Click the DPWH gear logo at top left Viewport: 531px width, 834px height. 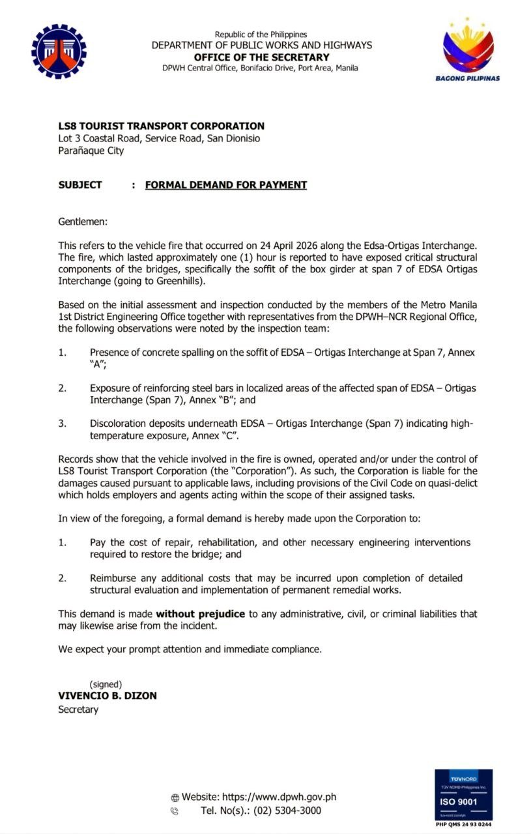[x=59, y=51]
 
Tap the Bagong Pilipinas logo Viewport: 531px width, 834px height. [x=467, y=49]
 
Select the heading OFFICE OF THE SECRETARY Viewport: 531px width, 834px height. [x=261, y=57]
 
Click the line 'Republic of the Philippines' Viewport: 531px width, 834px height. [x=261, y=35]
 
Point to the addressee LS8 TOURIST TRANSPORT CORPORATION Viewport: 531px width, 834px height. [x=161, y=126]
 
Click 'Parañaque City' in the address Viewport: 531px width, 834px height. [x=91, y=151]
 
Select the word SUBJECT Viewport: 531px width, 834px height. [x=80, y=185]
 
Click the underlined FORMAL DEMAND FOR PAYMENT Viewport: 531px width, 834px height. [x=225, y=185]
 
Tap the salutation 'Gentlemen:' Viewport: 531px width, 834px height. [x=83, y=222]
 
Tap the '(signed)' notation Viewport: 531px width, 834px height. [x=106, y=684]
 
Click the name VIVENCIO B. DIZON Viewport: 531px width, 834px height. [x=108, y=696]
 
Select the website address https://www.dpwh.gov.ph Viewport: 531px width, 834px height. [x=279, y=797]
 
